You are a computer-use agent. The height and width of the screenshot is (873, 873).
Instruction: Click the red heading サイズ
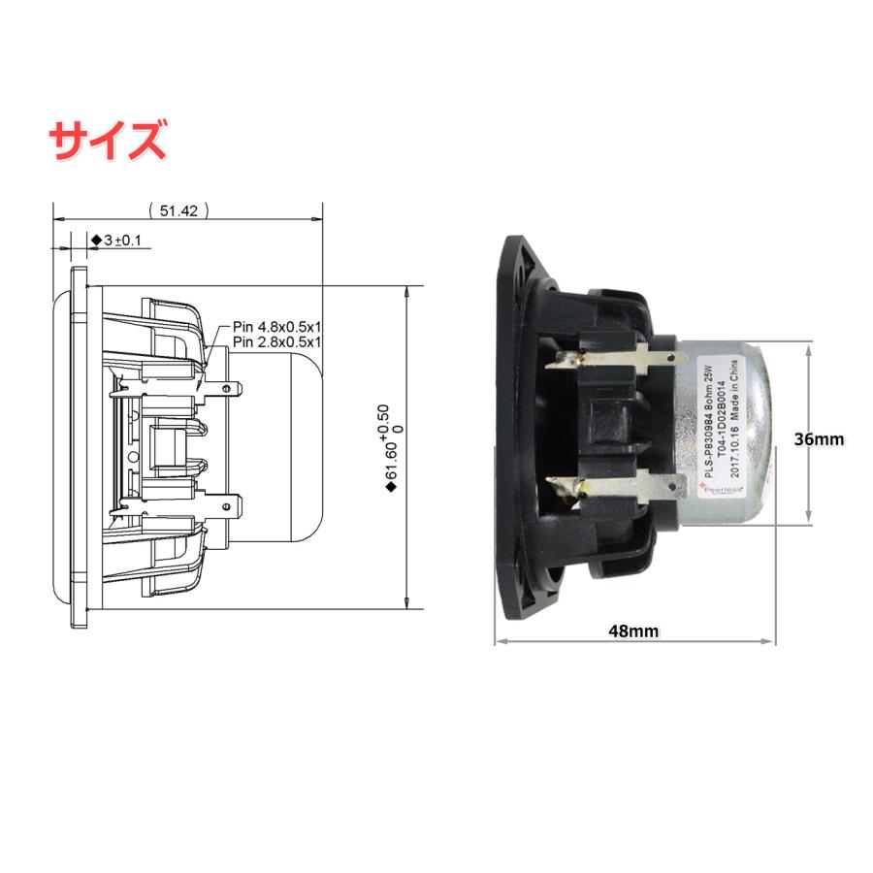[108, 140]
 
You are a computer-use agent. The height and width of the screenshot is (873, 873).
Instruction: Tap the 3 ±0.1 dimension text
[119, 240]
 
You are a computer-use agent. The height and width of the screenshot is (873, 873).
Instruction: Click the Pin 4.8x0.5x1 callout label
[276, 328]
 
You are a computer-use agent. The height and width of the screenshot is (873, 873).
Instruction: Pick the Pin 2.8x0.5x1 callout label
[276, 342]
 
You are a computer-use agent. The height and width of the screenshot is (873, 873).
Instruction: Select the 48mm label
[633, 631]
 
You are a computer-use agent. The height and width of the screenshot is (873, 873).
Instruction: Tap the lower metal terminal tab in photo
[611, 482]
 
